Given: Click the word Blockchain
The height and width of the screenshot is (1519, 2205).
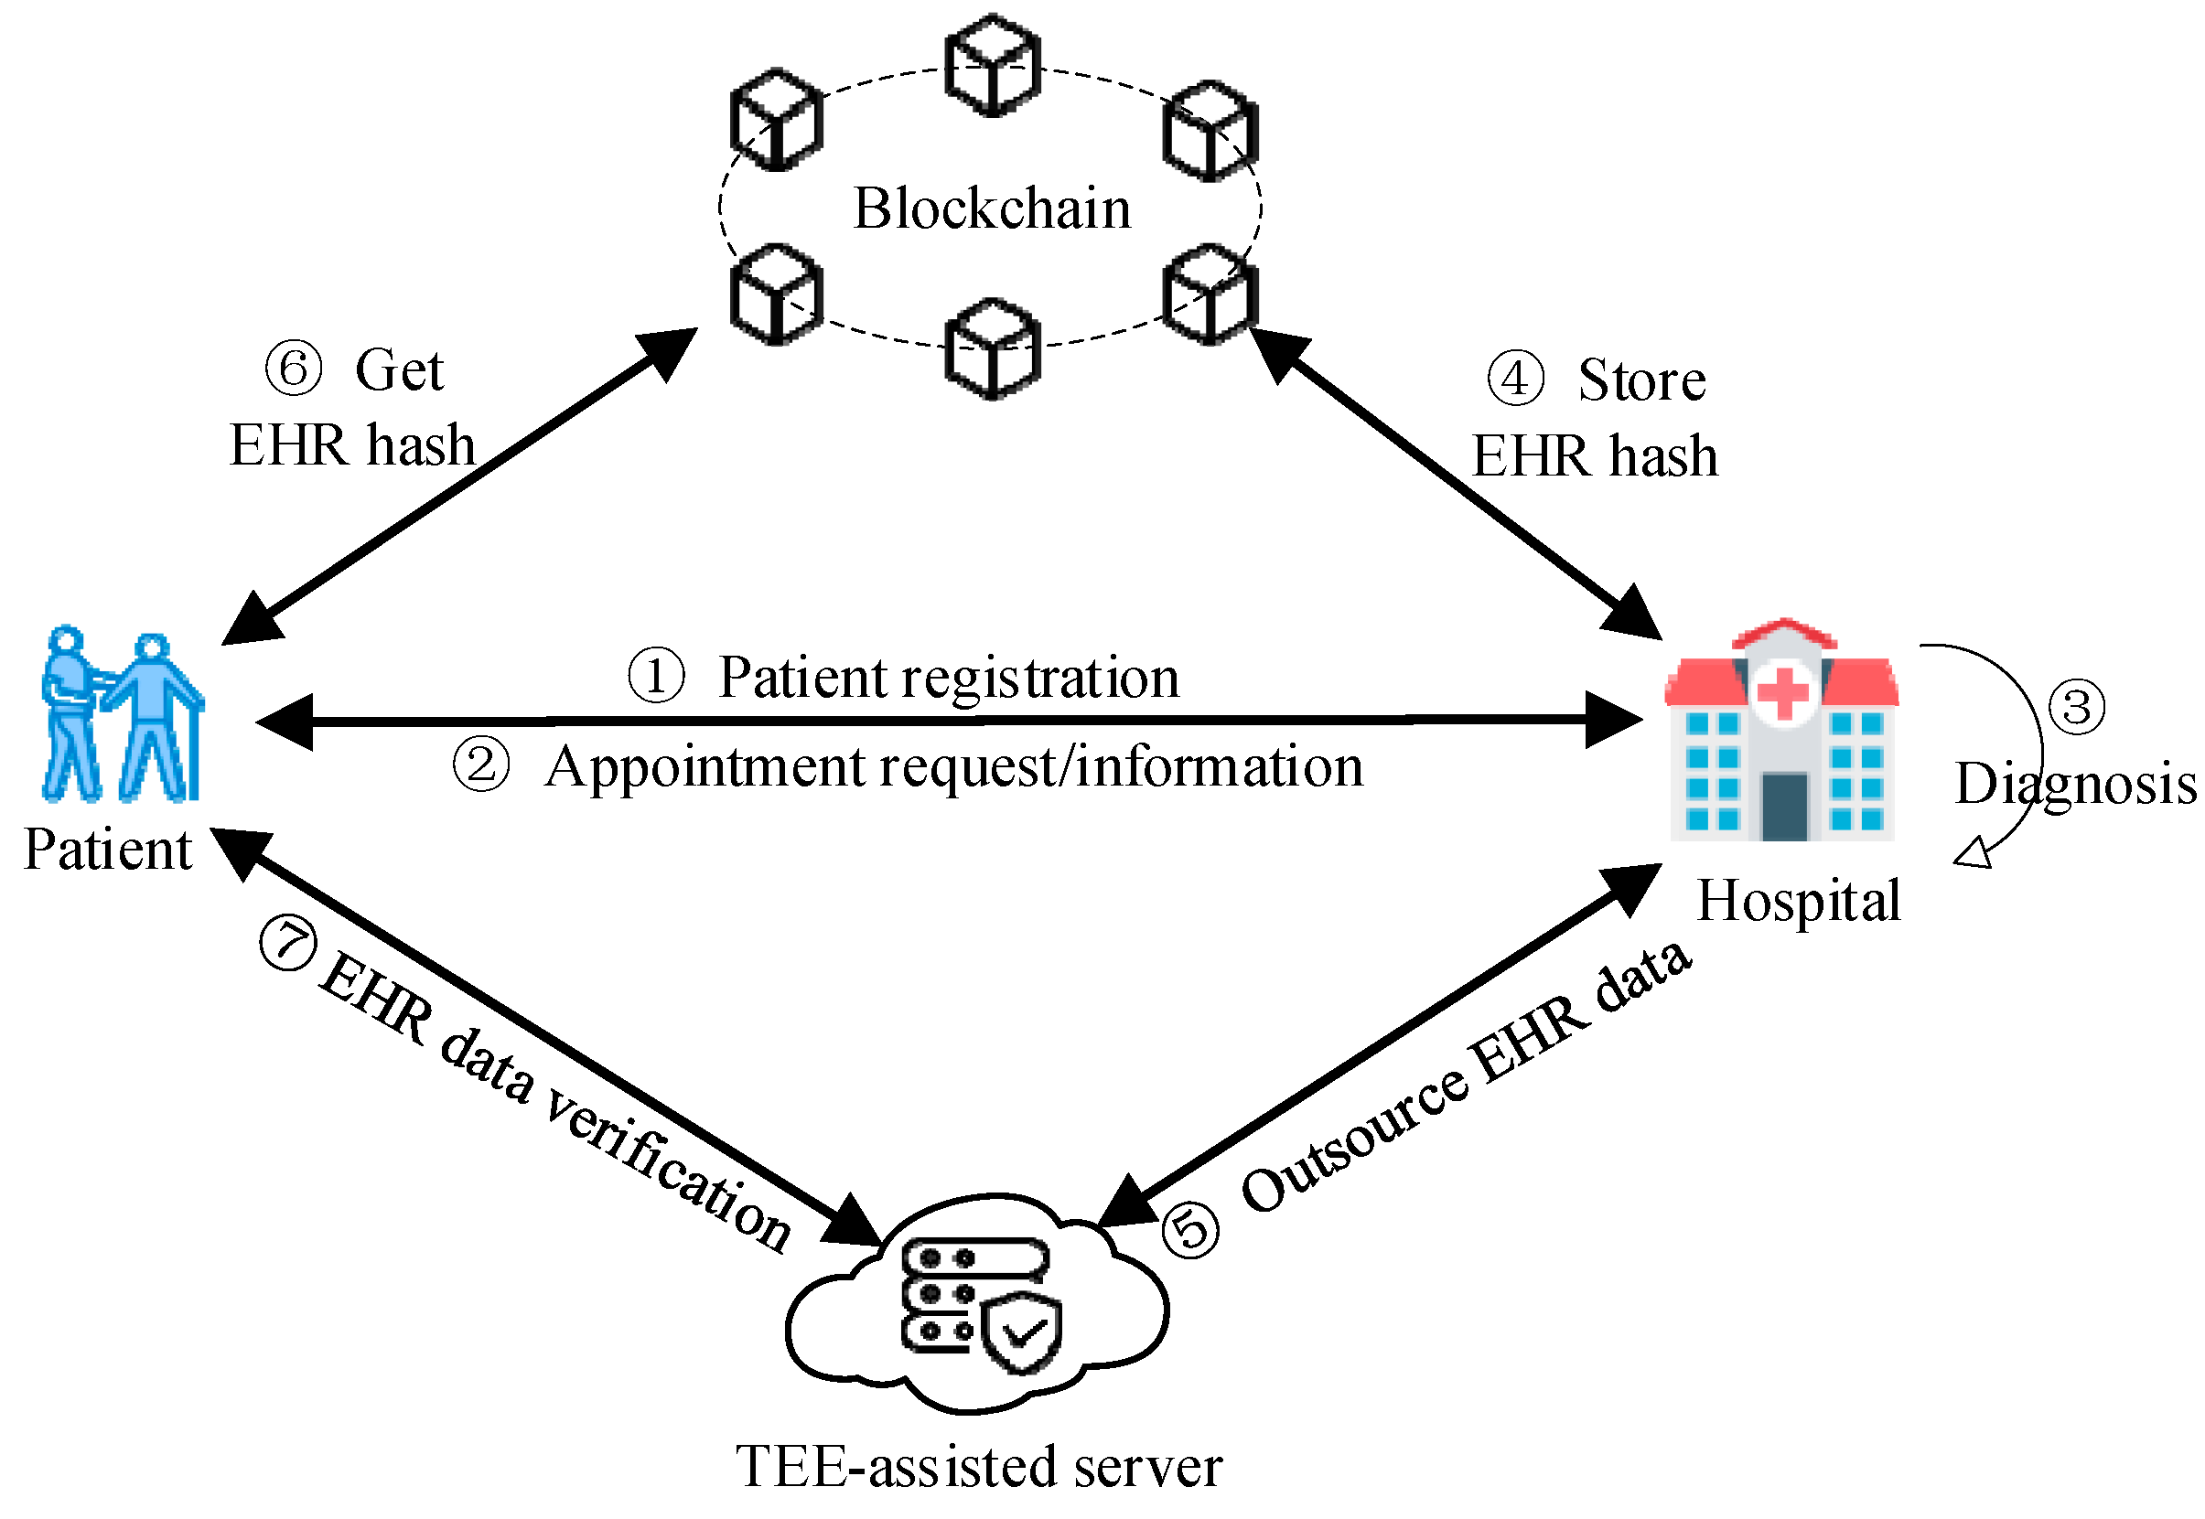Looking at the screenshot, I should coord(991,208).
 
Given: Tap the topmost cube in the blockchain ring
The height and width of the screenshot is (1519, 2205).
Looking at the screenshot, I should coord(992,65).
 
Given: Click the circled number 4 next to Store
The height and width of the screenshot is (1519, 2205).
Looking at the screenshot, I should coord(1514,378).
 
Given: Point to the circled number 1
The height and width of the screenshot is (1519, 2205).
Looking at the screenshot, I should coord(655,676).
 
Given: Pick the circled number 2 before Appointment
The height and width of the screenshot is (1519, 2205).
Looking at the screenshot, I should coord(479,765).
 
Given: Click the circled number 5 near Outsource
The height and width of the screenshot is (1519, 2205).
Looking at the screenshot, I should coord(1190,1231).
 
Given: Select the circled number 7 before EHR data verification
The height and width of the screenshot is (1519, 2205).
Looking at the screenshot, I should coord(286,943).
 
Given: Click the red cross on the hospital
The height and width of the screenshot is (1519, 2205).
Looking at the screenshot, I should coord(1782,692).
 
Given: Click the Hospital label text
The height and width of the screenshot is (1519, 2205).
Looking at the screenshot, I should coord(1798,901).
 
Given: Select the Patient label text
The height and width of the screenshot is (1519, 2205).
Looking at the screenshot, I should coord(108,849).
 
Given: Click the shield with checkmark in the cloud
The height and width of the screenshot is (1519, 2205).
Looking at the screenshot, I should coord(1022,1332).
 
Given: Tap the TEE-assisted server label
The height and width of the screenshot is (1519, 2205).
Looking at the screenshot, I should coord(979,1467).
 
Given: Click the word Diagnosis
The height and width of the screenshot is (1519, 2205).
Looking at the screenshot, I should coord(2074,785).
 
